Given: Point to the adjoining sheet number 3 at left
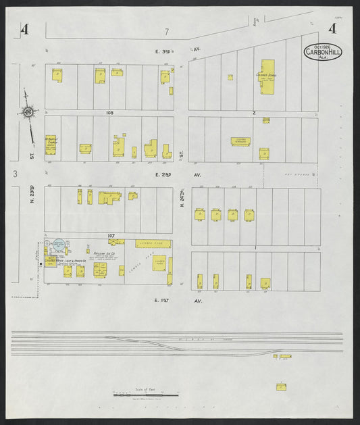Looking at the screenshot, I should (x=14, y=174).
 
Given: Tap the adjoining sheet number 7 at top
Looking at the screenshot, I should (x=166, y=32).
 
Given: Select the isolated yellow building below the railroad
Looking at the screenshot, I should (x=281, y=386).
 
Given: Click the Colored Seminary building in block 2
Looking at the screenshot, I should (x=240, y=141).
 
